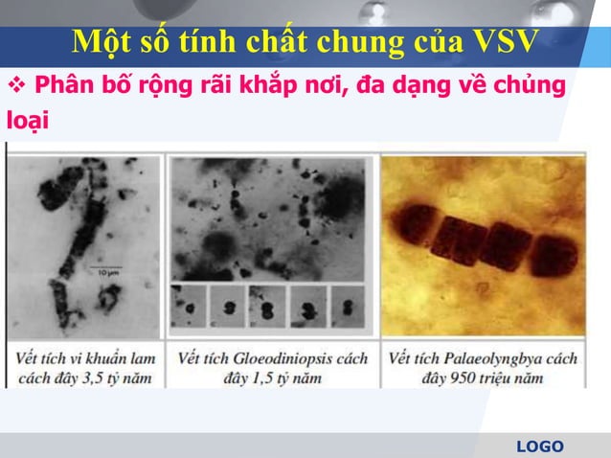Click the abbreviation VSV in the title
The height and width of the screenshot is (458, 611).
505,42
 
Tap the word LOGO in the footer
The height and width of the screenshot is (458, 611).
540,446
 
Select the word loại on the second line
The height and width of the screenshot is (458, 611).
27,122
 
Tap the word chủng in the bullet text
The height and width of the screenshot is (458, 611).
532,86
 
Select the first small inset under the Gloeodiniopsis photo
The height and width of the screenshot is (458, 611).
191,309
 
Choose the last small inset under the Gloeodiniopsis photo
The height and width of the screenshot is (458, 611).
346,309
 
